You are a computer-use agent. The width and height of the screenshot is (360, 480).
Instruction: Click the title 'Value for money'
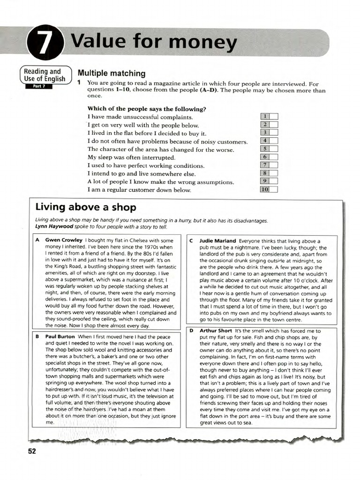[x=154, y=43]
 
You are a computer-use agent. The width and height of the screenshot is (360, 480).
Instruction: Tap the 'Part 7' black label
[x=38, y=86]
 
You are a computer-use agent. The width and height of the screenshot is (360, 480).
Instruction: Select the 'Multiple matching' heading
[x=111, y=74]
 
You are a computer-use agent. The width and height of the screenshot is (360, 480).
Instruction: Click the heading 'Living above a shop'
[x=86, y=207]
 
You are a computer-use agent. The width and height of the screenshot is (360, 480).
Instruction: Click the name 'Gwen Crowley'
[x=64, y=240]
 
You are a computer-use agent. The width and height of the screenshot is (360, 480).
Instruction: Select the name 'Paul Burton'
[x=60, y=337]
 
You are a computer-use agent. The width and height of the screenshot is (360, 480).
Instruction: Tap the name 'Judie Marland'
[x=218, y=241]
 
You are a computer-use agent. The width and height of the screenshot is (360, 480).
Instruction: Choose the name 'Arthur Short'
[x=216, y=331]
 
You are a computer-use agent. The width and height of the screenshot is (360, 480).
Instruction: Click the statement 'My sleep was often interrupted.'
[x=131, y=157]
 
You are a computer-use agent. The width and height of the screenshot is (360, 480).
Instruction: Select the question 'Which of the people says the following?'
[x=147, y=109]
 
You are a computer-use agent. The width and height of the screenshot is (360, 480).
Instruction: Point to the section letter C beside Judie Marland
[x=191, y=241]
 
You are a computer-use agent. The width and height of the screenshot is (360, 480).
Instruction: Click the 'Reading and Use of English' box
[x=45, y=75]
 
